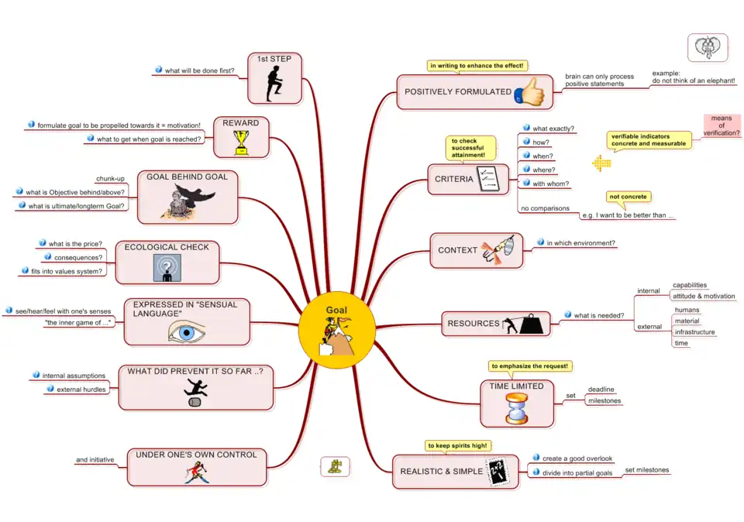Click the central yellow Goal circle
pyautogui.click(x=336, y=330)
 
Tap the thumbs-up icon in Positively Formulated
pyautogui.click(x=530, y=91)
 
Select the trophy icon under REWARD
pyautogui.click(x=242, y=141)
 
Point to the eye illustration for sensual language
pyautogui.click(x=187, y=331)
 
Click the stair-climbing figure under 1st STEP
pyautogui.click(x=274, y=84)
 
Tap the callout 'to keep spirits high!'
pyautogui.click(x=461, y=445)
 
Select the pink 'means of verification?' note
pyautogui.click(x=722, y=125)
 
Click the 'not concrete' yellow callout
pyautogui.click(x=628, y=197)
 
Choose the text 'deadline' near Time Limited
pyautogui.click(x=601, y=390)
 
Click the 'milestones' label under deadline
pyautogui.click(x=604, y=400)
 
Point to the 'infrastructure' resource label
pyautogui.click(x=694, y=332)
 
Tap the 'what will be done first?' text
pyautogui.click(x=200, y=70)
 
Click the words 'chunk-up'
pyautogui.click(x=110, y=178)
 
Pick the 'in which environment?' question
pyautogui.click(x=581, y=243)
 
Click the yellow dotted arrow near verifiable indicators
pyautogui.click(x=601, y=163)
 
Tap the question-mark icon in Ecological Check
pyautogui.click(x=167, y=268)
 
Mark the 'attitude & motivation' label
pyautogui.click(x=704, y=296)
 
